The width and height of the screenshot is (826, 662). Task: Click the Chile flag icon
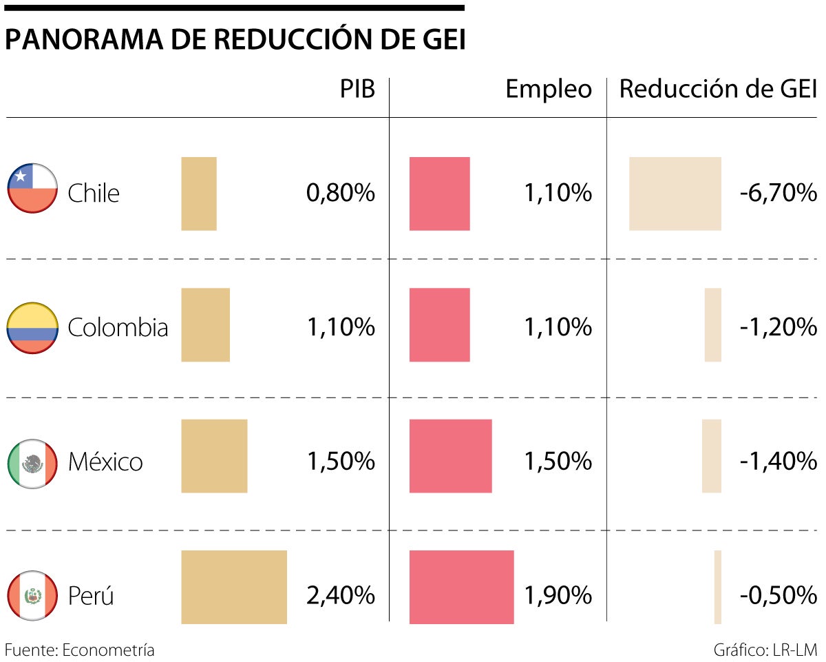coord(32,189)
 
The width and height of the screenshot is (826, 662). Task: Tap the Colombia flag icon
coord(32,328)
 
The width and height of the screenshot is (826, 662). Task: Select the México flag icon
coord(32,463)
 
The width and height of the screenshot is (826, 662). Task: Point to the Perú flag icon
coord(32,596)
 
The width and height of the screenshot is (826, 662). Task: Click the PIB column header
coord(358,90)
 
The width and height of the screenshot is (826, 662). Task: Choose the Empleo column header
coord(549,90)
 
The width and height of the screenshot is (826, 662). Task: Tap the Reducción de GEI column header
coord(718,90)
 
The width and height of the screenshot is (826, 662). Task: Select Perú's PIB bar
coord(234,587)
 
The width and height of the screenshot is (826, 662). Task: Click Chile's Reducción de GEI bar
coord(675,194)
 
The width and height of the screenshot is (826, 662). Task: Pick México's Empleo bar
coord(451,456)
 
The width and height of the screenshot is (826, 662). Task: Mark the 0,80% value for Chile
coord(341,194)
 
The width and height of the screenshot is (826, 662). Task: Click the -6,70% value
coord(779,194)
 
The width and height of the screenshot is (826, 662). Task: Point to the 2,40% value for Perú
coord(341,594)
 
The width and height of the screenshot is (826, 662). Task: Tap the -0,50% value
coord(779,594)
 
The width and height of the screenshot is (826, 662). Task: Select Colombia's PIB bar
coord(206,324)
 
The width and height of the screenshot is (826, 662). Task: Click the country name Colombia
coord(118,327)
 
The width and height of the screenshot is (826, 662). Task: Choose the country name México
coord(105,462)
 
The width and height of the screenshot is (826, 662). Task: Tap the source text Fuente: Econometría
coord(80,650)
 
